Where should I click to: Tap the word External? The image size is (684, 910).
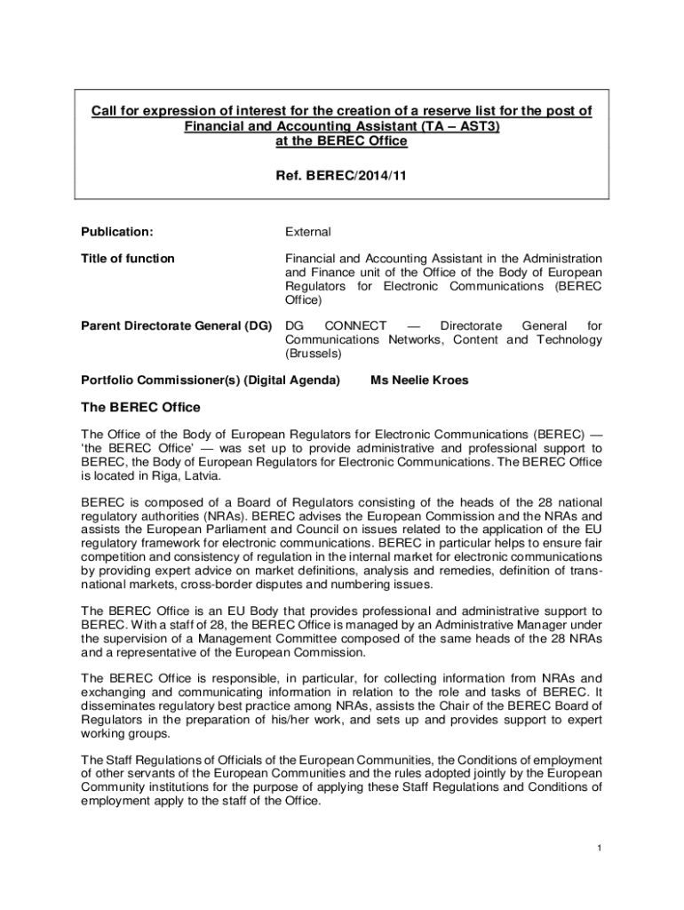click(x=307, y=232)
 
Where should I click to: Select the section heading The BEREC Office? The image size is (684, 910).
click(x=140, y=408)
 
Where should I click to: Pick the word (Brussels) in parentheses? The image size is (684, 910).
click(x=313, y=353)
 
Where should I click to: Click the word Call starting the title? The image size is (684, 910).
click(x=107, y=111)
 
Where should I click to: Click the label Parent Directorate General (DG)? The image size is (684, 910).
click(x=176, y=326)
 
